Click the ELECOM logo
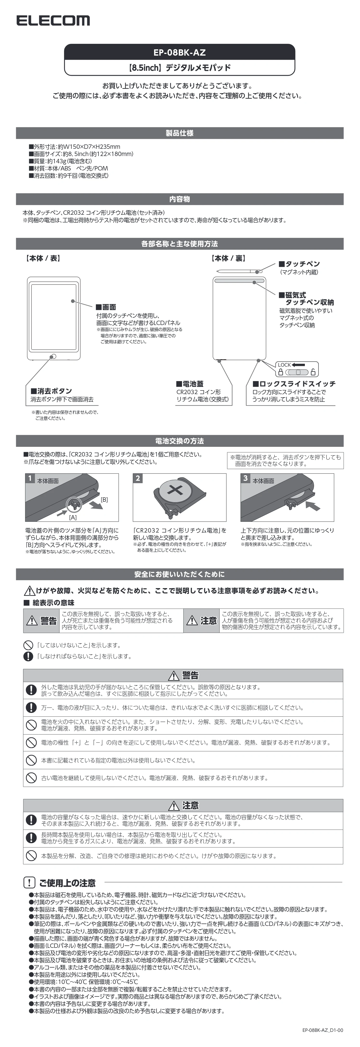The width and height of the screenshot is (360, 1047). [x=53, y=21]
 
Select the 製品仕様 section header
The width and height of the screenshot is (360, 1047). [x=180, y=133]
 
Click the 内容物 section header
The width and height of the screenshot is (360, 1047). [x=180, y=199]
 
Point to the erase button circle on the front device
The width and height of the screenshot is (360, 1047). [x=53, y=357]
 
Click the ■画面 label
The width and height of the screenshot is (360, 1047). [x=106, y=307]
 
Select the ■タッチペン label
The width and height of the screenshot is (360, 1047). [x=299, y=264]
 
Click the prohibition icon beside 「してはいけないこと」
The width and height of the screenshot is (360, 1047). [x=28, y=645]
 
